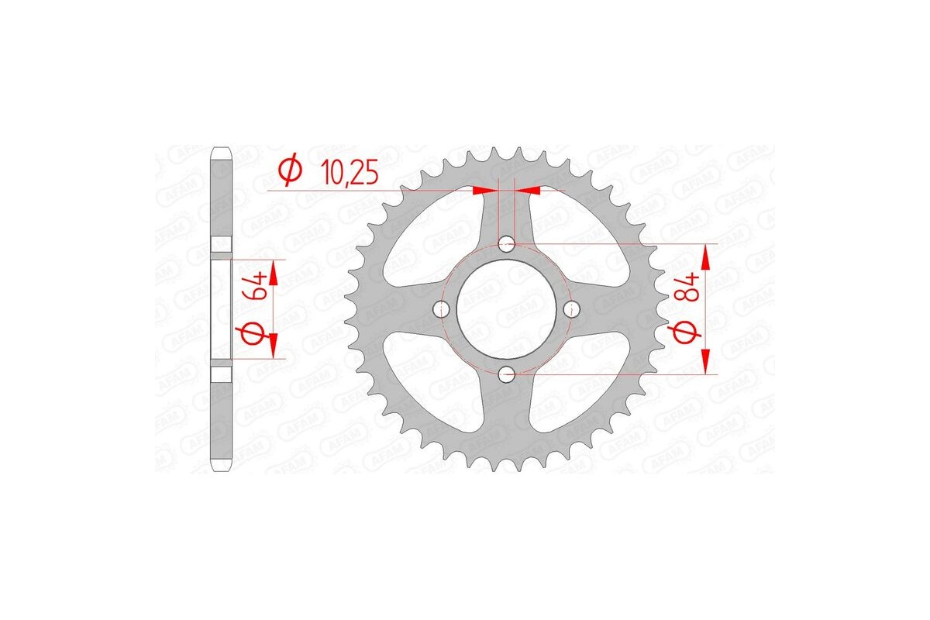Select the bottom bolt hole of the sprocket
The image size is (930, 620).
click(x=507, y=375)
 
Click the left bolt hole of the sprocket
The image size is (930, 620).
click(x=444, y=310)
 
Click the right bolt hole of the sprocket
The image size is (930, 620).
click(x=572, y=310)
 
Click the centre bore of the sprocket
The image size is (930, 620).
click(x=507, y=310)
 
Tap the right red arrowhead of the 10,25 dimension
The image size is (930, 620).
click(x=529, y=189)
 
